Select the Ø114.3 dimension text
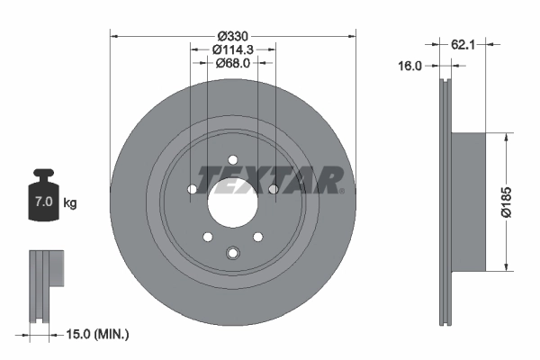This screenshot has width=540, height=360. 232,49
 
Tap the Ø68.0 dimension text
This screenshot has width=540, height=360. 232,63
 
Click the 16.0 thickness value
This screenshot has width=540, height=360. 410,66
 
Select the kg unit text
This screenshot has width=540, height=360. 70,203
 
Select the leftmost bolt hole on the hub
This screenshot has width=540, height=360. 191,189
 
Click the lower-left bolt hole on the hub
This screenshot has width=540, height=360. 207,237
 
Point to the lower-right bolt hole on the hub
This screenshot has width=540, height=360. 257,237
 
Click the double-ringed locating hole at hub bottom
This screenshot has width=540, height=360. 232,255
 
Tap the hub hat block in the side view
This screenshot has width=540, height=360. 469,201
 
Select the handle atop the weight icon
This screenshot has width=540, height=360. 42,174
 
